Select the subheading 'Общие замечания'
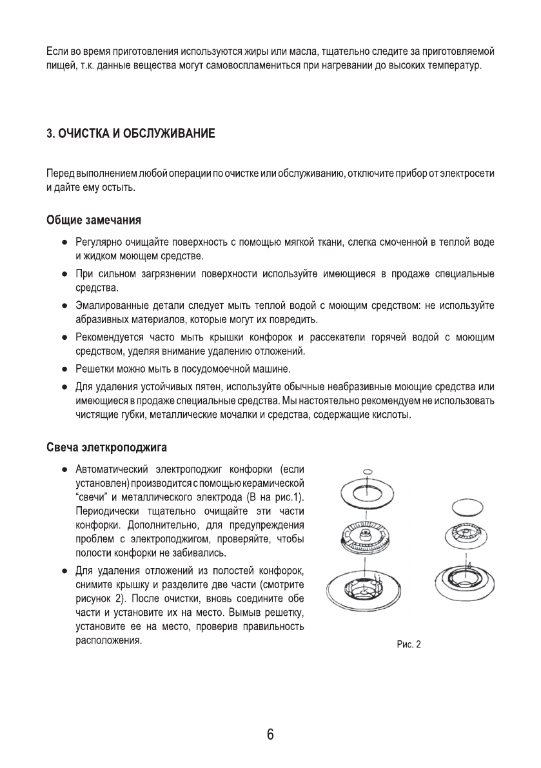click(93, 221)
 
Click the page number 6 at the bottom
click(270, 735)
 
